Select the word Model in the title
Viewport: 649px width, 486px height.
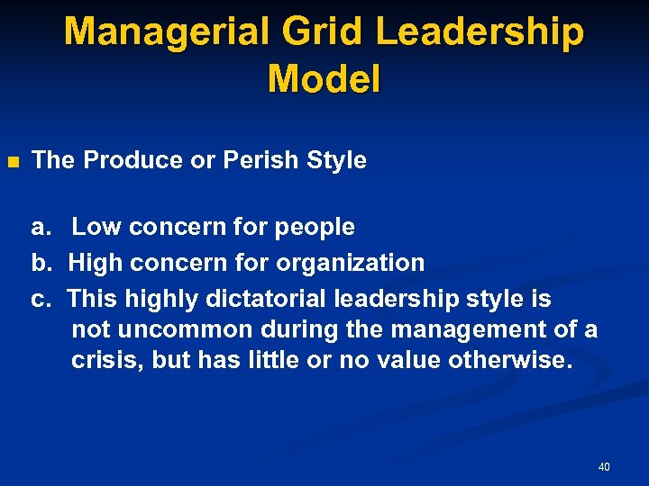click(324, 79)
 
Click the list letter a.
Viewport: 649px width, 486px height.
click(40, 228)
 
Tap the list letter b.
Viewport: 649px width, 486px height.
click(40, 263)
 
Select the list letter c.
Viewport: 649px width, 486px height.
click(40, 298)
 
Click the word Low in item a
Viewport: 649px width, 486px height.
click(96, 228)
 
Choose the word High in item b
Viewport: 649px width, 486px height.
click(96, 263)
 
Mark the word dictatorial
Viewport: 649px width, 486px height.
click(267, 298)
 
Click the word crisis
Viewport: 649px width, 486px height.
click(107, 362)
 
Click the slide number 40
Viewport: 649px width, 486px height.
click(604, 467)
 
